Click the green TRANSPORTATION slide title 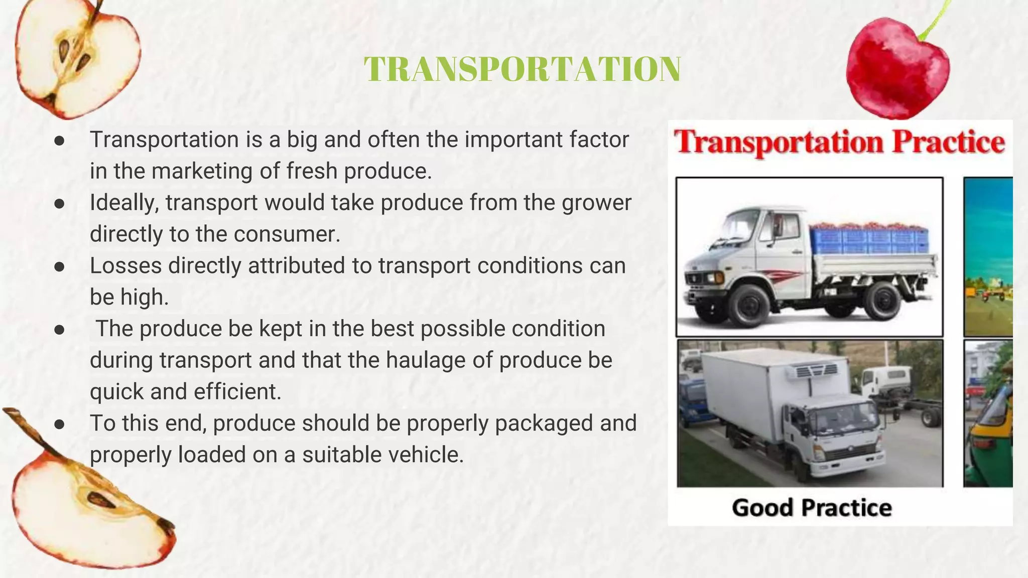(522, 69)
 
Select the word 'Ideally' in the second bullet (124, 203)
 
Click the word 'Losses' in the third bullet (125, 266)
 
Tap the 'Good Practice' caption (812, 508)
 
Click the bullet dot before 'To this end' (60, 424)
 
